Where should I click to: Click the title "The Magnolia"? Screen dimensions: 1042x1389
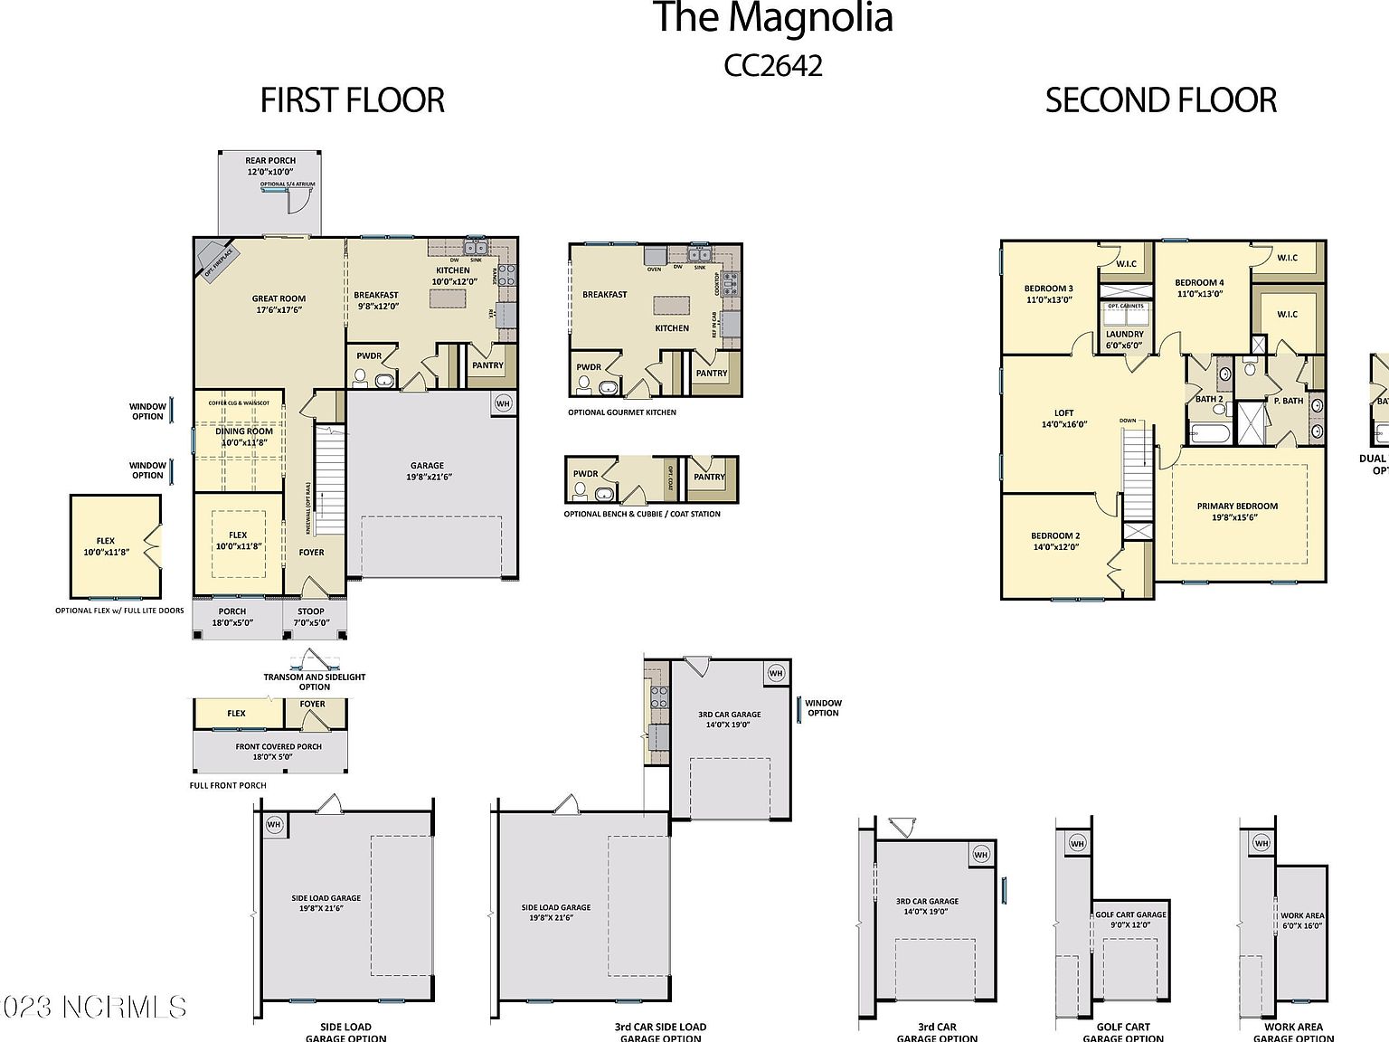point(772,18)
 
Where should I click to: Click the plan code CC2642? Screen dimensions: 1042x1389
point(773,66)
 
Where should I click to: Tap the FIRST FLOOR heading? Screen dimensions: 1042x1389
point(352,100)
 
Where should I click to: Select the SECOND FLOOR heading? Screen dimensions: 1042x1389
point(1160,100)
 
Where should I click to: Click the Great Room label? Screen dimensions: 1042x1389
point(279,304)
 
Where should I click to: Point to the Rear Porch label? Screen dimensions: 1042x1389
point(270,166)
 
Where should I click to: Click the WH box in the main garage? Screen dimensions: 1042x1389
point(504,403)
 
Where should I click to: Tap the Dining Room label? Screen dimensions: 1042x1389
point(244,437)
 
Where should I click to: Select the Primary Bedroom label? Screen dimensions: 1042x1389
point(1237,511)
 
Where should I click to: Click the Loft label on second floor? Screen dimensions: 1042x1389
point(1063,418)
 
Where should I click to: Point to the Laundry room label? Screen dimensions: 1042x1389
point(1125,339)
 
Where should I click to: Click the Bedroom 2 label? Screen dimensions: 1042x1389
point(1055,541)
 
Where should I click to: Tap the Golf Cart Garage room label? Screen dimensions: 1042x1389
point(1130,919)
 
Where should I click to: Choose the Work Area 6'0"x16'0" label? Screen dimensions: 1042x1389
point(1302,921)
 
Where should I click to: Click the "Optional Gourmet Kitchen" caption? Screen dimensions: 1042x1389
point(622,412)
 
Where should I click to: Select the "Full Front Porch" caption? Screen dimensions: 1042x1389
point(228,785)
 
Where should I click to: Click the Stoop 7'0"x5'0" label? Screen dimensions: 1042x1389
point(310,617)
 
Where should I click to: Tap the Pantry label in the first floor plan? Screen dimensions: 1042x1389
point(487,365)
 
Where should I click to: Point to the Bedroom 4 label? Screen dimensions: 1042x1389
point(1199,288)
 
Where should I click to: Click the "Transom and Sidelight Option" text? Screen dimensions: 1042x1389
point(315,681)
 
